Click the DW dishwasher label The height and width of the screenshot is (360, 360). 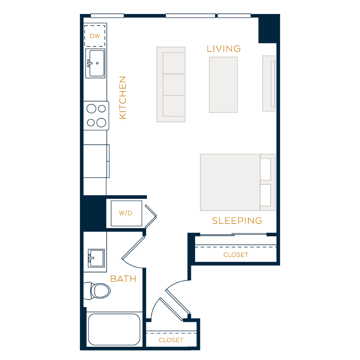click(94, 36)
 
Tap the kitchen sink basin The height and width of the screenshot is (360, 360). click(97, 63)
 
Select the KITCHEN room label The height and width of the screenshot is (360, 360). click(123, 98)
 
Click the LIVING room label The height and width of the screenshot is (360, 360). click(224, 49)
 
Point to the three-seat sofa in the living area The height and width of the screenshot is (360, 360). click(171, 84)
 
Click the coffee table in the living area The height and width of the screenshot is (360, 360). click(223, 85)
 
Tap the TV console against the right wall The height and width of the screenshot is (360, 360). click(269, 84)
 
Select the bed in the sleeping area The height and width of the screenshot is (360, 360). click(238, 182)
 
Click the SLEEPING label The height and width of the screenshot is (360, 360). click(237, 221)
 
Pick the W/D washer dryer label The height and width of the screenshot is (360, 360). click(125, 213)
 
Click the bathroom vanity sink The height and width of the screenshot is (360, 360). click(96, 258)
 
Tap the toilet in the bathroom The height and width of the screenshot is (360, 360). click(97, 291)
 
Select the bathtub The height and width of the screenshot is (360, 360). click(114, 330)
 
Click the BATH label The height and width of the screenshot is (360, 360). click(123, 279)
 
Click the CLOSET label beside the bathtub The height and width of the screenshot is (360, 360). click(171, 340)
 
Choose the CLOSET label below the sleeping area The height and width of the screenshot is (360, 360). click(236, 255)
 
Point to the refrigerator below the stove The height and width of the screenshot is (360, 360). click(96, 161)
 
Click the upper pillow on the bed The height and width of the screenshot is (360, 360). click(266, 170)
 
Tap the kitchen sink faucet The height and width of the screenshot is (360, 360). click(90, 63)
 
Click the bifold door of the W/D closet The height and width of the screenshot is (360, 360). click(151, 216)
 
